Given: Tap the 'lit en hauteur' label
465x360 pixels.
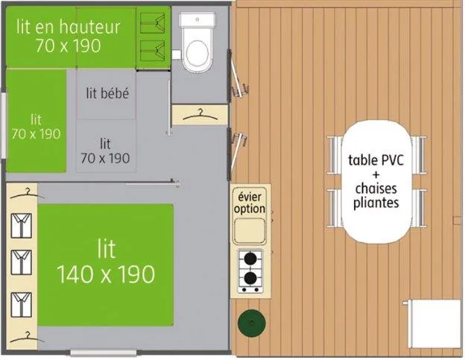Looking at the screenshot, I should point(68,28).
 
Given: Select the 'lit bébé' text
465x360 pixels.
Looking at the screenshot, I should point(108,93).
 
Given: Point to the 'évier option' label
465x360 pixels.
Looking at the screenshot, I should point(250,203).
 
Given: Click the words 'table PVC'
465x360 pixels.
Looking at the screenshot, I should point(373,160).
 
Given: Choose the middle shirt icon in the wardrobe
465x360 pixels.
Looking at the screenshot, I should point(22,262).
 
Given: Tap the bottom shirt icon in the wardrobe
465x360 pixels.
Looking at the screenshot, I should point(22,302).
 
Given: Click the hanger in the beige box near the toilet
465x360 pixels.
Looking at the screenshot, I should point(198,115).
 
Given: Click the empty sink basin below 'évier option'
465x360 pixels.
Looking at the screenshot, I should point(250,232).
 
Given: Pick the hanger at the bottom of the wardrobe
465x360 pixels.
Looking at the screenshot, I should point(28,333).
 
